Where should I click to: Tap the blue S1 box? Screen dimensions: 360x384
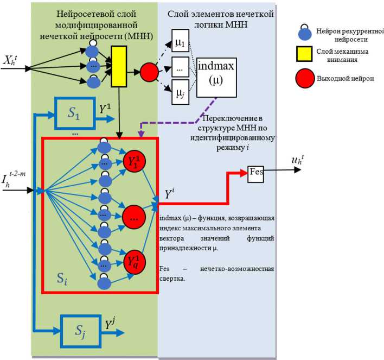pyautogui.click(x=73, y=115)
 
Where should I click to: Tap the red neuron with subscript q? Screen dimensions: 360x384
pyautogui.click(x=133, y=262)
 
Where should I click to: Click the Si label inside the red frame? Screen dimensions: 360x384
pyautogui.click(x=63, y=280)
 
